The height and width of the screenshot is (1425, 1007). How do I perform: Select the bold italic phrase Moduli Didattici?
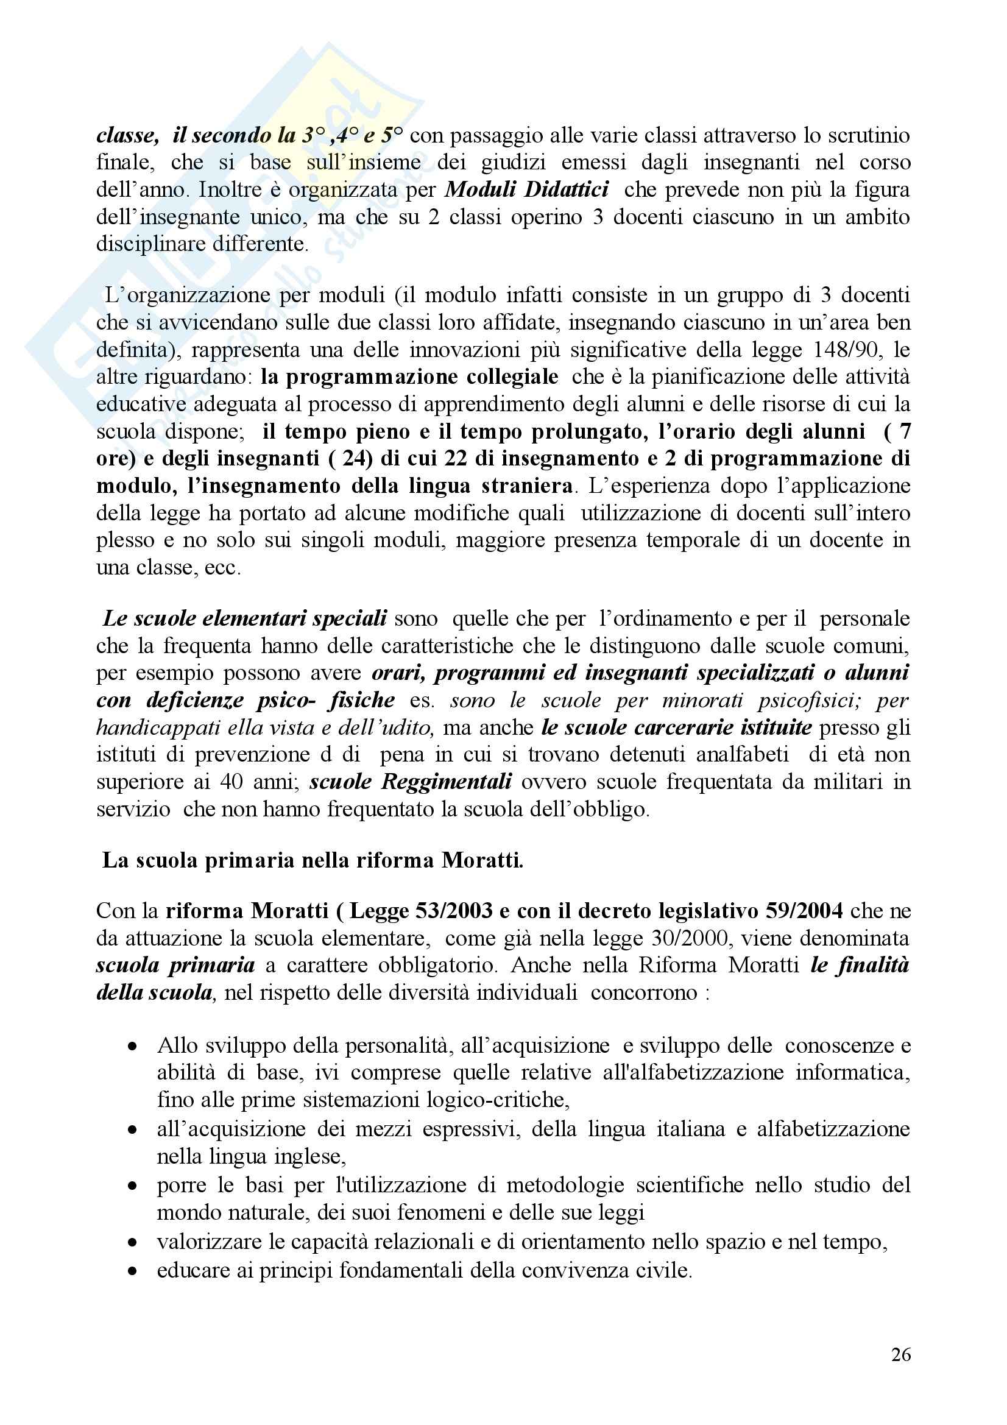(527, 189)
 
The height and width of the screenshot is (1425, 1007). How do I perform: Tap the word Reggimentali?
(446, 782)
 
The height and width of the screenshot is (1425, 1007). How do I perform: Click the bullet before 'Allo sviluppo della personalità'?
(132, 1047)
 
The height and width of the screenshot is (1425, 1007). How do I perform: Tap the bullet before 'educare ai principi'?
(132, 1270)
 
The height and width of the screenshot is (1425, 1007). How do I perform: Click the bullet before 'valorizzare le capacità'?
(132, 1243)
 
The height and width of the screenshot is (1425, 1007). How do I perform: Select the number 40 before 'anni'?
(231, 782)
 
